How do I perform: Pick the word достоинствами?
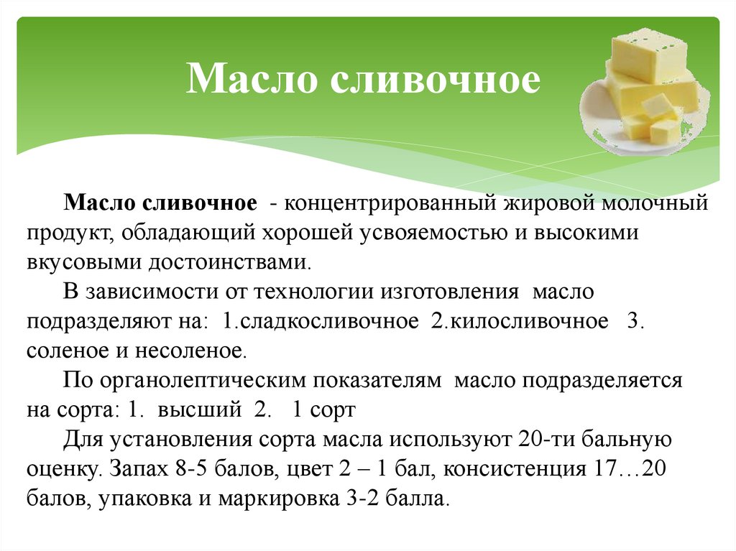coord(229,262)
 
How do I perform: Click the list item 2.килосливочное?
coord(520,321)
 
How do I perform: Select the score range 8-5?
coord(190,469)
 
